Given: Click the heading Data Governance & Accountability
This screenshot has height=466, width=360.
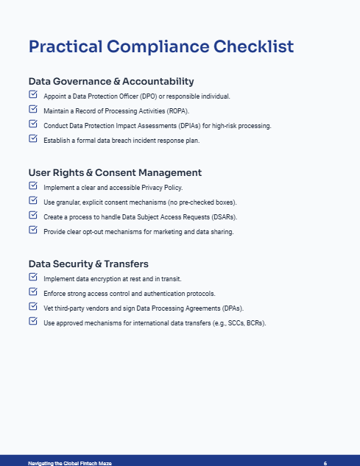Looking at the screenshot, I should tap(111, 81).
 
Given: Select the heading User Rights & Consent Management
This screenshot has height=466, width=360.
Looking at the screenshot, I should tap(115, 172).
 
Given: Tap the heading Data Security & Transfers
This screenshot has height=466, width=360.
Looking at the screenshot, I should tap(88, 264).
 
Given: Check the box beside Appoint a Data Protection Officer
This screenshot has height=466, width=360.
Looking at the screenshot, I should tap(33, 96).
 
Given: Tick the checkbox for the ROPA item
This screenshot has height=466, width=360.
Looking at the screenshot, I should tap(33, 110).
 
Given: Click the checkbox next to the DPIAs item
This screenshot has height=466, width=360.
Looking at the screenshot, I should tap(33, 124).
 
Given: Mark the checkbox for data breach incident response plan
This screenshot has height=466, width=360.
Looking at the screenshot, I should tap(33, 138).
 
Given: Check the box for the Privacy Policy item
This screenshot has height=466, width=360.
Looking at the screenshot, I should tap(33, 187).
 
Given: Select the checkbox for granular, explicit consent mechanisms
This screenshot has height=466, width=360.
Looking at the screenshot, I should tap(33, 201).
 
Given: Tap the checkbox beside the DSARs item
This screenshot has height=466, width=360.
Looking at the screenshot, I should tap(33, 216).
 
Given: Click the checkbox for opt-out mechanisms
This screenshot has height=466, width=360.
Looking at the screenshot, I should tap(33, 230).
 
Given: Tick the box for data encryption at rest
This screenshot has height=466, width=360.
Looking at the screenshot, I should tap(33, 278).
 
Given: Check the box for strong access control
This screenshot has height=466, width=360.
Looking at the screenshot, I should tap(33, 292).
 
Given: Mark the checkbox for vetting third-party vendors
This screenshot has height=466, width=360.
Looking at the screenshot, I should tap(33, 307).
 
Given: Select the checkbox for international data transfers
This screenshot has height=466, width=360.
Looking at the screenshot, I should tap(33, 322).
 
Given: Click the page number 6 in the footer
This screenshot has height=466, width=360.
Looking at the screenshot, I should tap(325, 462).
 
